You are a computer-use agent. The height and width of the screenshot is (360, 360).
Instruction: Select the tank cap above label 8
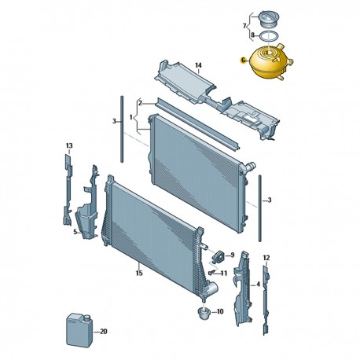click(267, 19)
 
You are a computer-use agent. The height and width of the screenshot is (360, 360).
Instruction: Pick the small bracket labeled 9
click(219, 255)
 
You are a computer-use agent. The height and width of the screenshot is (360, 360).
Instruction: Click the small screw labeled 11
click(212, 273)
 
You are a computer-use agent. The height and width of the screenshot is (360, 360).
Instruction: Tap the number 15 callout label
click(139, 273)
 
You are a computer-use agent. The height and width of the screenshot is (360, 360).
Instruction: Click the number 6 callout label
click(243, 61)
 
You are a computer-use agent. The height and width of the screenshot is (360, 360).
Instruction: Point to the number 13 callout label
click(69, 145)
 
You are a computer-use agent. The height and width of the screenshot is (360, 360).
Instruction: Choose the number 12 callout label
click(266, 258)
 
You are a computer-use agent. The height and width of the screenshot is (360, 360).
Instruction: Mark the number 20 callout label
click(104, 332)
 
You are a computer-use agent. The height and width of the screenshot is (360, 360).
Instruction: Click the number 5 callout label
click(75, 232)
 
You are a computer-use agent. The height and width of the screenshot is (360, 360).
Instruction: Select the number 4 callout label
click(258, 284)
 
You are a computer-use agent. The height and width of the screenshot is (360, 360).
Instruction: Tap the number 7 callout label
click(244, 26)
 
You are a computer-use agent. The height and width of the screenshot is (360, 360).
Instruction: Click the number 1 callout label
click(131, 118)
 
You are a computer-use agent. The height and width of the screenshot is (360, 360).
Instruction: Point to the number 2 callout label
click(140, 103)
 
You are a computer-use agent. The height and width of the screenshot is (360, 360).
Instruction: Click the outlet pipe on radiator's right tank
click(250, 167)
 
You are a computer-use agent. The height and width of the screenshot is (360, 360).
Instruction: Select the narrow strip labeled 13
click(68, 190)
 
